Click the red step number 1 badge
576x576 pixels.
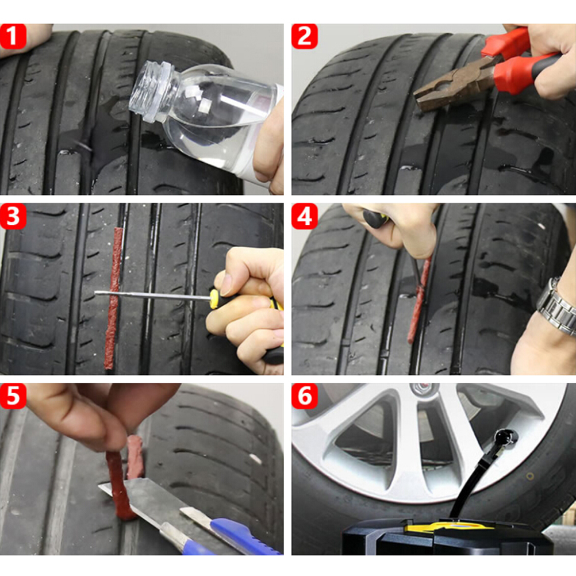pos(13,36)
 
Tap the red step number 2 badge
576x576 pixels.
pos(304,36)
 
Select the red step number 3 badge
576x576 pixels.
pos(13,216)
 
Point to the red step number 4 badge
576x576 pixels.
pos(304,216)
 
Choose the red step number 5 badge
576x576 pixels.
pos(13,396)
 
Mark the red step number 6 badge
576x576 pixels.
pos(304,396)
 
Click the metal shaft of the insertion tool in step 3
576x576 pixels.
pos(152,295)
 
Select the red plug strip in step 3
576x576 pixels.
pos(113,298)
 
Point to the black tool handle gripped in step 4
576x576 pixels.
pos(375,218)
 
